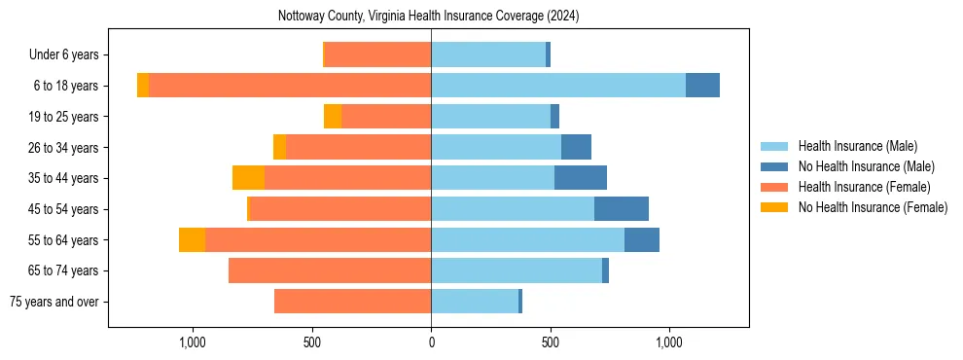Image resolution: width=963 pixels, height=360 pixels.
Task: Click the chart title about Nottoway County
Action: click(x=428, y=16)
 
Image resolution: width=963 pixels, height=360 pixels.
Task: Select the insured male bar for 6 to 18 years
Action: click(x=558, y=86)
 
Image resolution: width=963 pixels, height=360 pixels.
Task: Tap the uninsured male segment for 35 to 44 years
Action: click(x=581, y=178)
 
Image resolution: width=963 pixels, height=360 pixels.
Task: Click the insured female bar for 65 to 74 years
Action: click(x=330, y=270)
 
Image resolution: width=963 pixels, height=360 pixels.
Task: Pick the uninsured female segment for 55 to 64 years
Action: click(x=193, y=239)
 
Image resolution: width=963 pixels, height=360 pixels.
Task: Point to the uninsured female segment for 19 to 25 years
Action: click(x=333, y=117)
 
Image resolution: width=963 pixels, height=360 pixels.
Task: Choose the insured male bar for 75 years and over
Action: click(x=475, y=302)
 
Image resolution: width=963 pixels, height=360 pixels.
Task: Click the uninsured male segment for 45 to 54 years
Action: click(x=622, y=209)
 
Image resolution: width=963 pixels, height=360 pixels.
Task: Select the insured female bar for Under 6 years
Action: click(x=377, y=54)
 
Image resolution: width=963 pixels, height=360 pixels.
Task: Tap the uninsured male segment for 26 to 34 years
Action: click(x=576, y=147)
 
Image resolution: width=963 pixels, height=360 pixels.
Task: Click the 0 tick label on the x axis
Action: click(x=431, y=342)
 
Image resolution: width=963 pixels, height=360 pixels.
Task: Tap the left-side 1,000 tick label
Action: click(x=193, y=342)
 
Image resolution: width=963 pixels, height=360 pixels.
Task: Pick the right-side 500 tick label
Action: click(x=551, y=342)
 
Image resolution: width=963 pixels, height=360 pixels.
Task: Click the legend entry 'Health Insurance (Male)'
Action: click(x=857, y=146)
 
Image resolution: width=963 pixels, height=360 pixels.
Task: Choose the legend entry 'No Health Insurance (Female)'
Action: click(x=873, y=207)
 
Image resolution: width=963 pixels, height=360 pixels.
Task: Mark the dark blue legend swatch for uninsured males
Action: click(x=775, y=166)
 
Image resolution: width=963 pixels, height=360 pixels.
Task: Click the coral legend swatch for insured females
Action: click(x=775, y=187)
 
